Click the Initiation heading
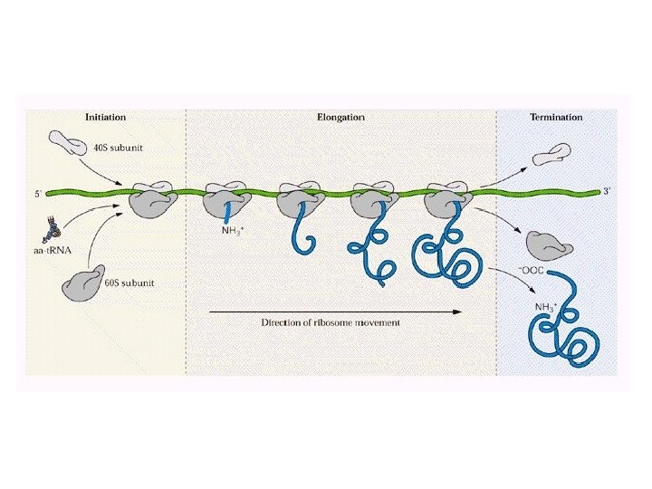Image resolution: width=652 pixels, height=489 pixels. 105,117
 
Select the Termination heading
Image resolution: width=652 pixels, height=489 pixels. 555,117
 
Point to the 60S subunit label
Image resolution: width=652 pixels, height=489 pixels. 129,283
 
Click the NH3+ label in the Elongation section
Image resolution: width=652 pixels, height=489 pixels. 233,230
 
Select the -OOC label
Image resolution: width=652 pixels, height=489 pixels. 530,271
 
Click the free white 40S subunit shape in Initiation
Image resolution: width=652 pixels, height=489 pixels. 67,141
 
